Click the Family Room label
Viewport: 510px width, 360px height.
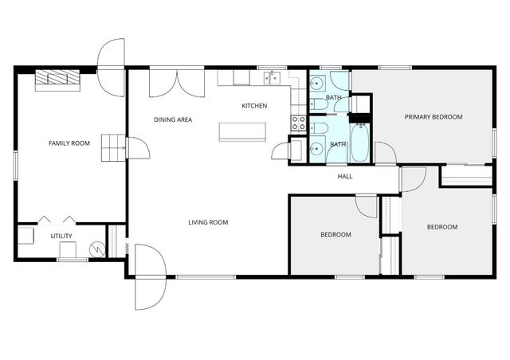[x=69, y=143]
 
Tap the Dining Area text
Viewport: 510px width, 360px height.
[x=173, y=119]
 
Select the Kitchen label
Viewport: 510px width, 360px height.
[x=254, y=106]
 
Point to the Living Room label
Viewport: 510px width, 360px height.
[x=208, y=222]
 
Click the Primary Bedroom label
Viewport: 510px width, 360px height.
[x=433, y=117]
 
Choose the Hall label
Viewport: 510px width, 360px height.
[x=345, y=177]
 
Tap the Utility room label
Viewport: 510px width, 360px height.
[x=61, y=236]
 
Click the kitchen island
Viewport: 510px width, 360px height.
[x=242, y=131]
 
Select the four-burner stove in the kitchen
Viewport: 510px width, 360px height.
[x=299, y=123]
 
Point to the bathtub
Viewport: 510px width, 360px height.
[x=360, y=143]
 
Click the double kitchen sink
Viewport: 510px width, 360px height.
[x=273, y=78]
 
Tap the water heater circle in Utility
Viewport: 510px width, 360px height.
[x=97, y=249]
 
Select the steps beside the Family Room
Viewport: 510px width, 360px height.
[x=113, y=147]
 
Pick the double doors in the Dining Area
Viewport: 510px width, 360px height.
[x=177, y=84]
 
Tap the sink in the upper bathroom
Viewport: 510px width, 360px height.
[x=316, y=84]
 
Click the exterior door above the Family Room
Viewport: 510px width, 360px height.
[x=112, y=68]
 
